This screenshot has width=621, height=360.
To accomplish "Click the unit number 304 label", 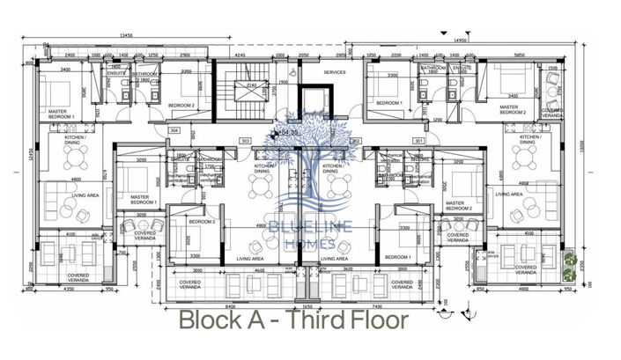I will coord(174,130).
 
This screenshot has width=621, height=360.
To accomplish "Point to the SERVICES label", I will coord(335,72).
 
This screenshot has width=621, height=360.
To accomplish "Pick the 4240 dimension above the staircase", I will coord(240,55).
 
